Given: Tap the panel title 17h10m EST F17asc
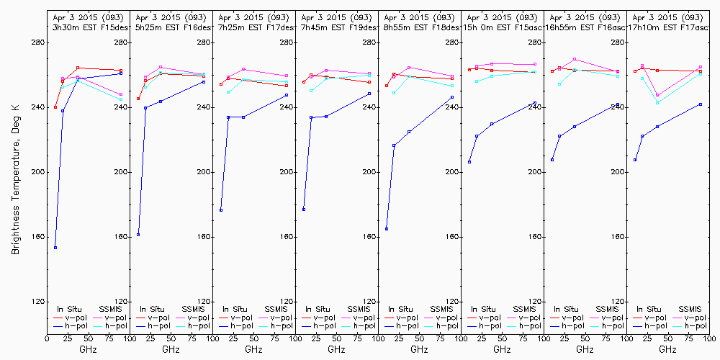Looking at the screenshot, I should point(668,27).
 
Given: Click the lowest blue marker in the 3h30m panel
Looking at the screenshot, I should point(55,248).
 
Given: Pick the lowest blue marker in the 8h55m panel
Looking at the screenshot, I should point(387,229).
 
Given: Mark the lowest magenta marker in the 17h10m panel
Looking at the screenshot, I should point(657,95).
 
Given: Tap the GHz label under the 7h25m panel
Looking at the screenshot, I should point(253,349).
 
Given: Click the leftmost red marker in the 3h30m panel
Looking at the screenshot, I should point(55,107).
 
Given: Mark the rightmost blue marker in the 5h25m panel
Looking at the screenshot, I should point(204,82).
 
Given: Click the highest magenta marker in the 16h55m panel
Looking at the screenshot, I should point(575,59).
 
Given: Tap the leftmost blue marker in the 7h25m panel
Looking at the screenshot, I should point(221,210).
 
